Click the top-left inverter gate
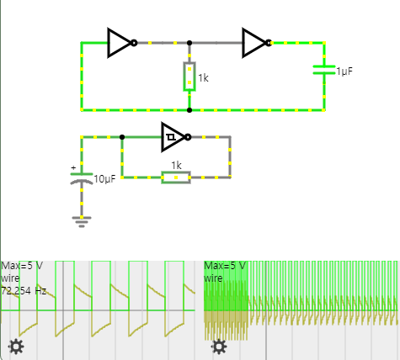coord(120,43)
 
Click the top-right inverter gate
coord(255,43)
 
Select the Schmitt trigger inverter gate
coord(174,137)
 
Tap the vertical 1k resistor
coord(189,77)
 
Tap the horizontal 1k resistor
coord(176,177)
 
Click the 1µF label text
coord(344,72)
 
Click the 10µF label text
coord(104,180)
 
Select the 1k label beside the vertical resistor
coord(202,79)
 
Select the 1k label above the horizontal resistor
coord(176,166)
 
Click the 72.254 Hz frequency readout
coord(24,290)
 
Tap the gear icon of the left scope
coord(15,347)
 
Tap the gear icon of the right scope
coord(219,347)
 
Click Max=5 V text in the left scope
coord(22,266)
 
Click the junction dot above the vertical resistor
coord(189,43)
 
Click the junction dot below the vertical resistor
coord(189,110)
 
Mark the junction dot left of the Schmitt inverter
coord(122,137)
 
